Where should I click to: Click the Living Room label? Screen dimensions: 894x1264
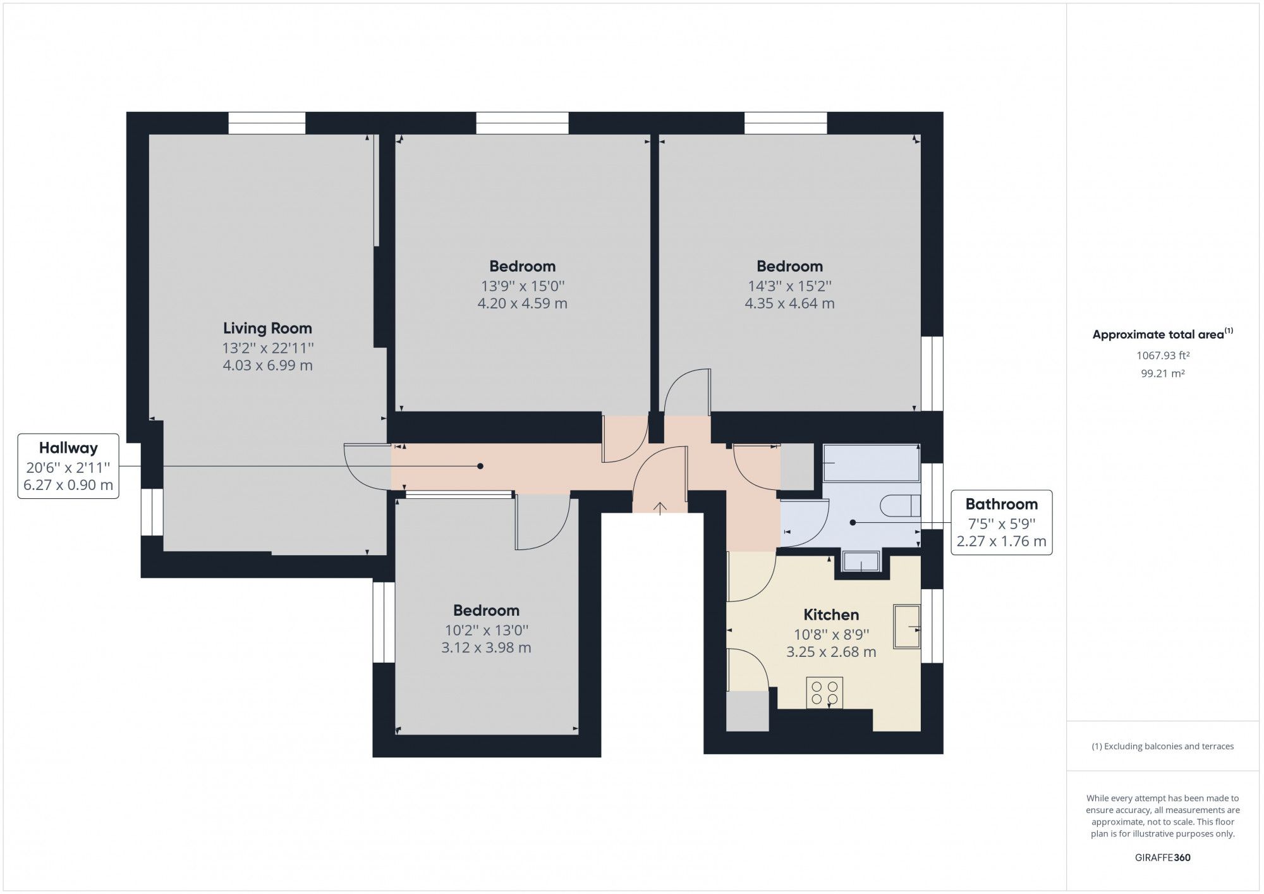pos(267,328)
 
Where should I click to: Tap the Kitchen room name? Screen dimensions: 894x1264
pos(830,615)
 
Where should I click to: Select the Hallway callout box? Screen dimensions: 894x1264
pos(68,466)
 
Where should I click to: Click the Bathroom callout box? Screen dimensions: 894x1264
pos(1001,522)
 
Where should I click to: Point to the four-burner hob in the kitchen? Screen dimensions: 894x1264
pos(824,692)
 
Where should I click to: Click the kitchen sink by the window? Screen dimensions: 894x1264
pos(906,627)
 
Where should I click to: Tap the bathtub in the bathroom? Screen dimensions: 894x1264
pos(871,463)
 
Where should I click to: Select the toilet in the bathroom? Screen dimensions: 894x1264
pos(900,505)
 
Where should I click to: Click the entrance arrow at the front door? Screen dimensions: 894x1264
pos(660,508)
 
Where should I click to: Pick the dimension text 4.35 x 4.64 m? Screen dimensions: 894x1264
pos(789,303)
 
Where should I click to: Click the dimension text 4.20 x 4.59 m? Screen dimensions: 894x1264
pos(522,303)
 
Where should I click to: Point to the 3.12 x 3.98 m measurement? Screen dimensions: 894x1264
pos(486,647)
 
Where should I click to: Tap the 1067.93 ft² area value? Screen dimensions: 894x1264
pos(1163,355)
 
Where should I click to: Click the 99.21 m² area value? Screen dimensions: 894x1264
pos(1163,373)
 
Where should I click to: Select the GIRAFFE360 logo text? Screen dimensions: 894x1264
pos(1163,857)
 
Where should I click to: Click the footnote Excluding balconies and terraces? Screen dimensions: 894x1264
pos(1163,746)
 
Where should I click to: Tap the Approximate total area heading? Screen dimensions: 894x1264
pos(1162,334)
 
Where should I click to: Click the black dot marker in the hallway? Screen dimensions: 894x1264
pos(480,466)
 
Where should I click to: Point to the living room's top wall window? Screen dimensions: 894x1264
pos(267,123)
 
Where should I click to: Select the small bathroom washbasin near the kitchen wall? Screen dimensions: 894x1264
pos(861,561)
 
